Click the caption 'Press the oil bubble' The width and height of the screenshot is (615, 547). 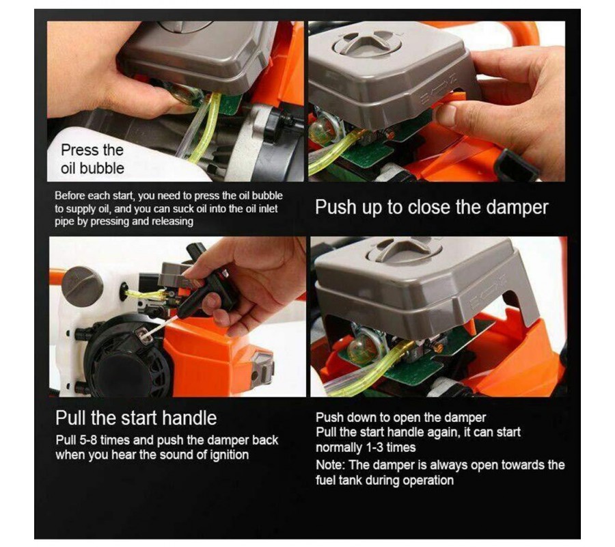click(x=92, y=159)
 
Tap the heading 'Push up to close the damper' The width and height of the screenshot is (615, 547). click(x=431, y=207)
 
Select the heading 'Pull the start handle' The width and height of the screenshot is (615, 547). click(x=136, y=418)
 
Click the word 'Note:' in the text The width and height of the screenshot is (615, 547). click(x=331, y=465)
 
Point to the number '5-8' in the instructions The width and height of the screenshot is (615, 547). click(x=88, y=440)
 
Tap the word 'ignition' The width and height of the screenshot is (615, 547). click(x=230, y=455)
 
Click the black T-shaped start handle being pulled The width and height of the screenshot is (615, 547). click(x=210, y=282)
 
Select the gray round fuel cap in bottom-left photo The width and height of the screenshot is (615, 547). click(x=81, y=286)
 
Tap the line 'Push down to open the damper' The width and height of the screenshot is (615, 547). click(x=401, y=418)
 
